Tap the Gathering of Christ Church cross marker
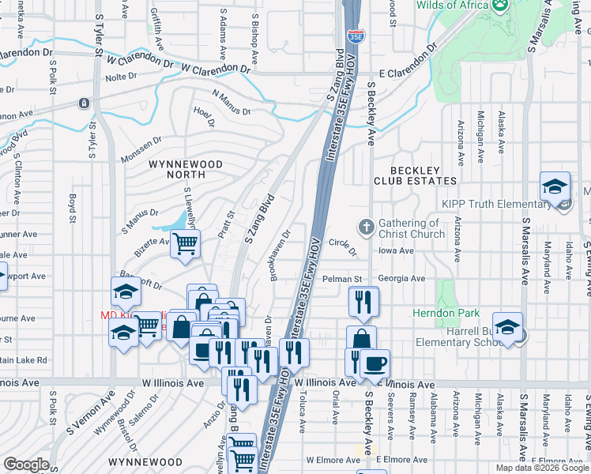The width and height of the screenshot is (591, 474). click(365, 228)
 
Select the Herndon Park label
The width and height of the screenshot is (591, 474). click(435, 313)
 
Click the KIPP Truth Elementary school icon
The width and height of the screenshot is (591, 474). click(555, 187)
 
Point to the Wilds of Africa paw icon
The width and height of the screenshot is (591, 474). click(499, 6)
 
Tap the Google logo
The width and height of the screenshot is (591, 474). click(26, 465)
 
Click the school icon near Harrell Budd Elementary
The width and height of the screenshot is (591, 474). click(508, 328)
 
